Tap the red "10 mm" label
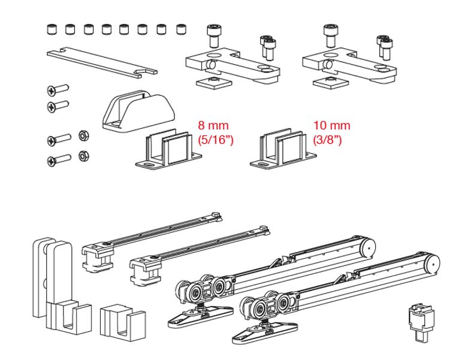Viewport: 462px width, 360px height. click(x=331, y=126)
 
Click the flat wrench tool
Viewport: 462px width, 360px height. click(x=102, y=62)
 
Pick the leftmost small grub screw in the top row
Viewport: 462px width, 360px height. click(x=51, y=28)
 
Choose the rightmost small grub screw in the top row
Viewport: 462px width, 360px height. click(x=181, y=28)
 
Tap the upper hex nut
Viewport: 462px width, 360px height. click(x=83, y=135)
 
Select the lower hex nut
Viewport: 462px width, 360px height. click(x=83, y=155)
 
